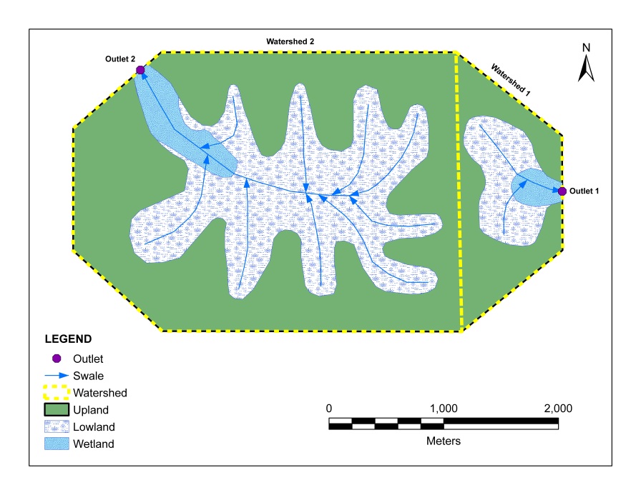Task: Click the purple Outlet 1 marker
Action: [562, 191]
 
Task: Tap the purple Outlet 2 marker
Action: [140, 70]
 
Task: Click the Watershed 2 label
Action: [291, 41]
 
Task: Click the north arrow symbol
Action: [586, 69]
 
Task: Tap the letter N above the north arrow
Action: [586, 48]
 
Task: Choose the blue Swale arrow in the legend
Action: [57, 376]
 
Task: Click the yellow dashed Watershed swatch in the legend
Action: [57, 392]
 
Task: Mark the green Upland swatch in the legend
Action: [57, 409]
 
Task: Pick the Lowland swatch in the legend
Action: [57, 426]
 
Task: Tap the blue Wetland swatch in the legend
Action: [57, 444]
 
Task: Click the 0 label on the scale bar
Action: [329, 409]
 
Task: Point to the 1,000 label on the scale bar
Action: [444, 409]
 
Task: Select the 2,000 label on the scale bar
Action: [557, 409]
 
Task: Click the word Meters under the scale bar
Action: [444, 441]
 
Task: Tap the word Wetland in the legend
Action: [93, 444]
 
